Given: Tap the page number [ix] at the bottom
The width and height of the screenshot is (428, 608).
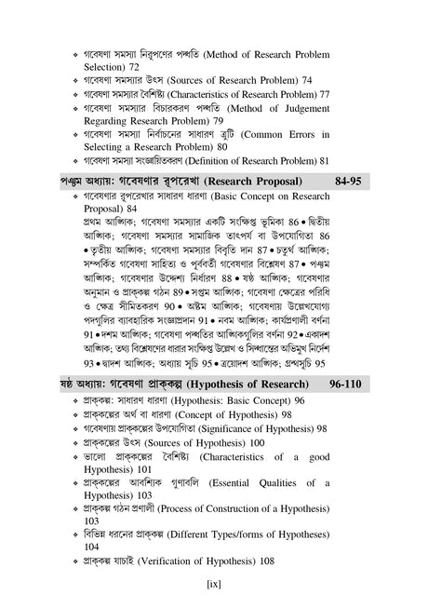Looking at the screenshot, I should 213,584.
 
